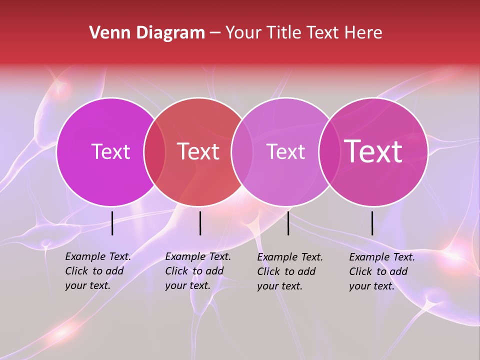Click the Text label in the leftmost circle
click(x=110, y=151)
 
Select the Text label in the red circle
click(x=198, y=151)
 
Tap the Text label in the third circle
click(x=285, y=151)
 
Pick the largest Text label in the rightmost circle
click(x=373, y=151)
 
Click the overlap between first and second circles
click(x=154, y=151)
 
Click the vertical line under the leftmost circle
click(x=112, y=223)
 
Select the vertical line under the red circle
click(x=200, y=223)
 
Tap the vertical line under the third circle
click(x=288, y=223)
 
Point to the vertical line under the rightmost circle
click(x=372, y=223)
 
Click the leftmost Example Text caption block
click(x=98, y=271)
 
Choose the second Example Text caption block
click(x=198, y=271)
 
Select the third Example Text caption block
click(x=290, y=271)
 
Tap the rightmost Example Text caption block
click(x=382, y=271)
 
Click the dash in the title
click(x=215, y=33)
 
